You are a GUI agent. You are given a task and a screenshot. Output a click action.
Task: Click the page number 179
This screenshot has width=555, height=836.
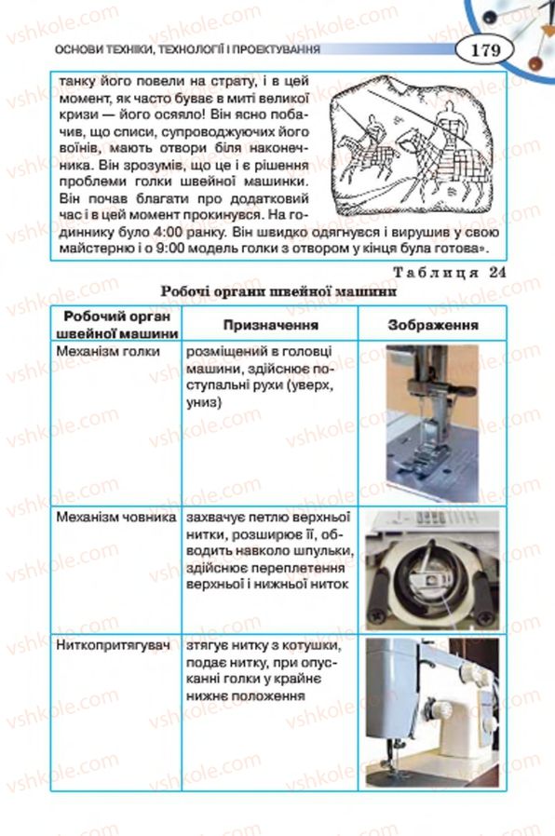click(486, 50)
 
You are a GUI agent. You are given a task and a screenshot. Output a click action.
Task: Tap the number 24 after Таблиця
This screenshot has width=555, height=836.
click(496, 272)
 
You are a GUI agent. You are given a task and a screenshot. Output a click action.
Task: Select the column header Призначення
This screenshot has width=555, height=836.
click(270, 325)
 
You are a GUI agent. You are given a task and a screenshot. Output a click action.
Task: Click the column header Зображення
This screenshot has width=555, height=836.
click(433, 325)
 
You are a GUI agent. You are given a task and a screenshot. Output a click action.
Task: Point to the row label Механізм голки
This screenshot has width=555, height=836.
click(108, 351)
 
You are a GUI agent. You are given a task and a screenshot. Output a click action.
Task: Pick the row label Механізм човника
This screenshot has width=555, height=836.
click(116, 518)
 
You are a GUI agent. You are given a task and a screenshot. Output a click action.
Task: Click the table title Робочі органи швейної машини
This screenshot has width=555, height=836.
click(278, 291)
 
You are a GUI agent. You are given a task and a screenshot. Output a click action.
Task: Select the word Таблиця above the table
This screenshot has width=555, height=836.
click(436, 273)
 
